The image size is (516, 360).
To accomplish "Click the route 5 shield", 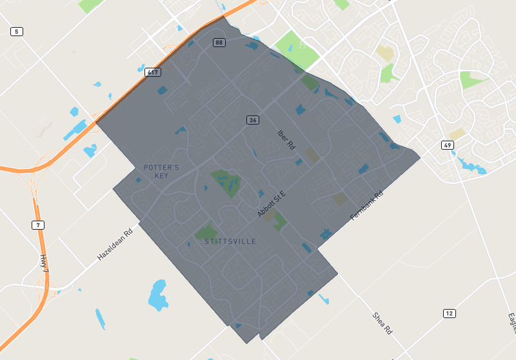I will click(x=17, y=32).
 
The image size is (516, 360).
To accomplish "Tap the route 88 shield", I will click(x=220, y=43).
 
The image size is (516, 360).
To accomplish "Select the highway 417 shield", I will click(x=153, y=72).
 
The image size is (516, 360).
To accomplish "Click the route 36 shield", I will click(x=253, y=120).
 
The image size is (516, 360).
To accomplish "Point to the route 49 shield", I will click(x=448, y=145).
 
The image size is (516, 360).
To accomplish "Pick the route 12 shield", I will click(x=450, y=313).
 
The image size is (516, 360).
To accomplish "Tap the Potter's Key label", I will click(x=161, y=172).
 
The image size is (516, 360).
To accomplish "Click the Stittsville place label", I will click(x=230, y=241).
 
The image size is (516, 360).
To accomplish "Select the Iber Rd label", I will click(x=286, y=140).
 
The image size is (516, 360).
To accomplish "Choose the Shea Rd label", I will click(x=382, y=323).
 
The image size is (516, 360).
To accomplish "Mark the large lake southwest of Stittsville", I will click(x=157, y=295).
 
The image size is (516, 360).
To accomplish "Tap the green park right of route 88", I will click(x=297, y=48).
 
